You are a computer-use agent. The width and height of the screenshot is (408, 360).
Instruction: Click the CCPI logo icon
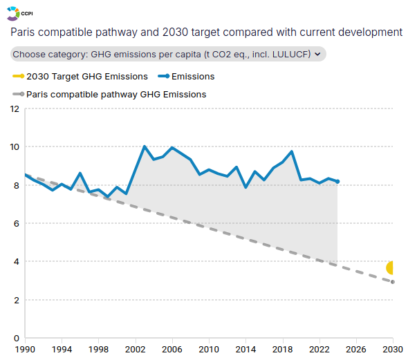pos(13,14)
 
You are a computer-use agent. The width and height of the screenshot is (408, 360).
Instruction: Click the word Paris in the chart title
pos(23,32)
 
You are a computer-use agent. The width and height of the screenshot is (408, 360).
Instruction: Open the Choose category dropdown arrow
pos(317,54)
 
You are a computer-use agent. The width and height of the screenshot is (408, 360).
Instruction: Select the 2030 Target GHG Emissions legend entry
pos(80,77)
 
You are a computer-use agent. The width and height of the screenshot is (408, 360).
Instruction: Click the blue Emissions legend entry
pos(186,77)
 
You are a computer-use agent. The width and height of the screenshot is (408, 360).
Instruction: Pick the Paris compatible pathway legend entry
pos(109,95)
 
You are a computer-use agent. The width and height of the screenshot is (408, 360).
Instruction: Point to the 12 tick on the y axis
pos(15,109)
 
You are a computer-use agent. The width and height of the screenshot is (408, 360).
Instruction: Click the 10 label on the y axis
pos(15,147)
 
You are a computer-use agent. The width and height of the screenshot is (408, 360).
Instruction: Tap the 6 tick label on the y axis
pos(17,224)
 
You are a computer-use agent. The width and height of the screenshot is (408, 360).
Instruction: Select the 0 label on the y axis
pos(17,338)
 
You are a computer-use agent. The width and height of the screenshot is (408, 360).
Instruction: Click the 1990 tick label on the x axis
pos(25,350)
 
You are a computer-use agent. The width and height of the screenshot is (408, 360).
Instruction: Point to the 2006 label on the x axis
pos(172,350)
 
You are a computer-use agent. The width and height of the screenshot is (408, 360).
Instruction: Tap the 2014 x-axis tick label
pos(245,350)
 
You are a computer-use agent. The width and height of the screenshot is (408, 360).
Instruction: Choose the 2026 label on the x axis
pos(356,350)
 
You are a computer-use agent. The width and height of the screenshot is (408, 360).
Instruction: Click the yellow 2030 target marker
pos(390,267)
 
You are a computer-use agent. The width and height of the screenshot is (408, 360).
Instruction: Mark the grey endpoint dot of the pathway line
pos(393,282)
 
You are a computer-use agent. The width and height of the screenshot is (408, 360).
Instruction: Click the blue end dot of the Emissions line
pos(337,182)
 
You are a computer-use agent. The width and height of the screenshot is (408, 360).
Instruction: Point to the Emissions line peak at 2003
pos(145,146)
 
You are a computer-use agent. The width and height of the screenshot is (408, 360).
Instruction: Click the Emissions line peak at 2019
pos(292,151)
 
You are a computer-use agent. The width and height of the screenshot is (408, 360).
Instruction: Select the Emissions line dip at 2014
pos(245,187)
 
